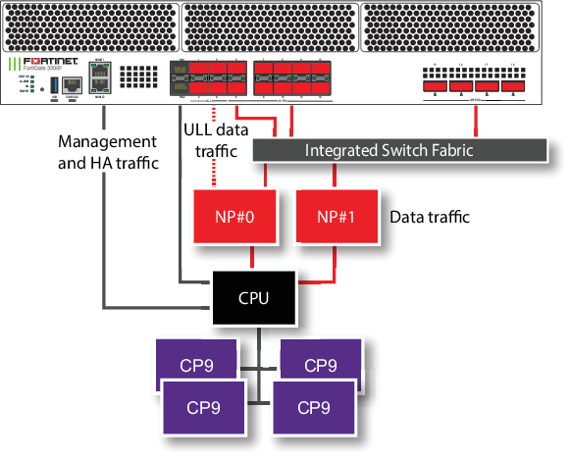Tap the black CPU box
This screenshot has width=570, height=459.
(x=255, y=297)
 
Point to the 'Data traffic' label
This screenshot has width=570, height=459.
(x=432, y=216)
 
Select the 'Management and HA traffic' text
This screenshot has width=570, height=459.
(x=108, y=152)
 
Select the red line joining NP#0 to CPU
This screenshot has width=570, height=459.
(x=255, y=256)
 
